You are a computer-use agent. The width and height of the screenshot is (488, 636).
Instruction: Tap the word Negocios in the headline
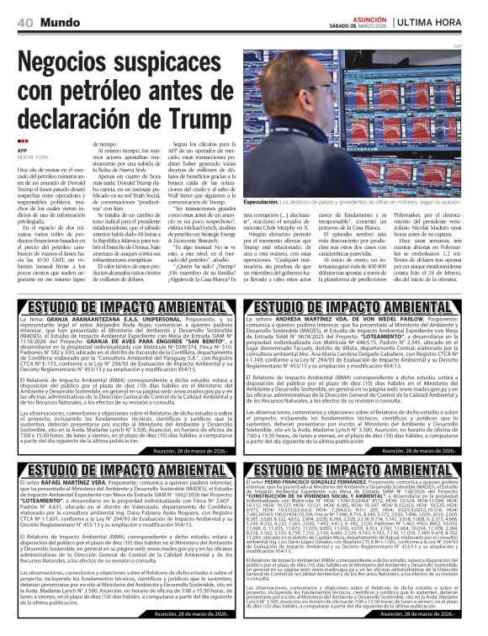tap(72, 62)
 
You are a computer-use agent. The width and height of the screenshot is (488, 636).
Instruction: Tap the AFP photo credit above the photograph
tap(480, 46)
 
